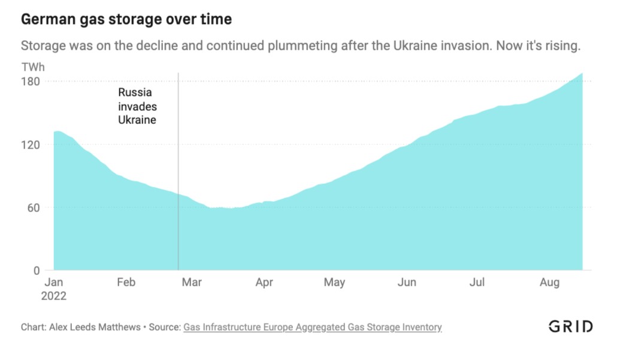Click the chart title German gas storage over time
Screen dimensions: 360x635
click(126, 20)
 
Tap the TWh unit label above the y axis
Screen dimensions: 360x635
click(33, 67)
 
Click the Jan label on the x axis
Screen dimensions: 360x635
click(55, 283)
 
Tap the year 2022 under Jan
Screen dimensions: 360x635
click(55, 296)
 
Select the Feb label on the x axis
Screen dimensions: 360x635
click(126, 283)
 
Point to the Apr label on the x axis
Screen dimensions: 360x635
click(264, 283)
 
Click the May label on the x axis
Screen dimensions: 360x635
click(334, 283)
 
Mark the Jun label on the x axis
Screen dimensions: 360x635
click(407, 283)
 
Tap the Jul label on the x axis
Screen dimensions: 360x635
click(477, 283)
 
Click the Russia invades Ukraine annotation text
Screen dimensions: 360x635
click(137, 106)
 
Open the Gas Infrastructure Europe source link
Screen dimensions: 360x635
click(312, 327)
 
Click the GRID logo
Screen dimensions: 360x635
click(570, 326)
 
